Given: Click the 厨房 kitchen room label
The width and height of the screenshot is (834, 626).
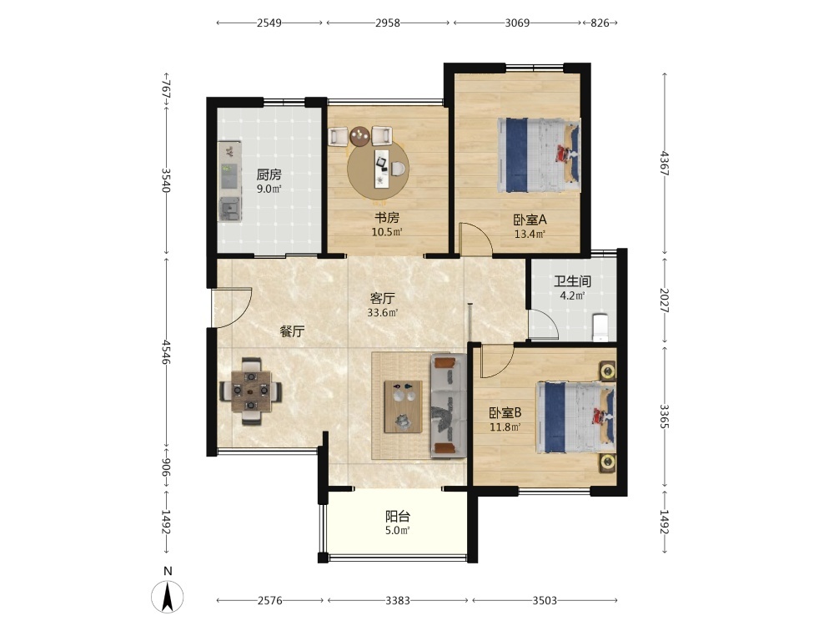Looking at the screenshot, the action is coord(269,174).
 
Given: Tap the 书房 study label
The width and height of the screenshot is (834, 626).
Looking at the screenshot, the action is coord(387,218).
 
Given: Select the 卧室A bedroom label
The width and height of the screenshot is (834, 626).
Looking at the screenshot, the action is coord(530,220).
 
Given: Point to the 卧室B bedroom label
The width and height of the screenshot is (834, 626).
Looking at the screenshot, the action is coord(505,412).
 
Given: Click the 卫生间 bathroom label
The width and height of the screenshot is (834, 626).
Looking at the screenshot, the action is coord(572,281).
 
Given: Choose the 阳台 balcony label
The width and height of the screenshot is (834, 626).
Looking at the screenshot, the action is coord(397,517).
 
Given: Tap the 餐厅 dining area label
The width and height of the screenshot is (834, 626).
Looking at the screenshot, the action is coord(292,331).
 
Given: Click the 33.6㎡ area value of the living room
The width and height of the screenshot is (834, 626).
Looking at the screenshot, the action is coord(383,313).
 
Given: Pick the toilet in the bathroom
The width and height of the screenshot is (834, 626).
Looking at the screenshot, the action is coord(600,327).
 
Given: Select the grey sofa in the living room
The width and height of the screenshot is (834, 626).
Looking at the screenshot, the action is coord(449,406).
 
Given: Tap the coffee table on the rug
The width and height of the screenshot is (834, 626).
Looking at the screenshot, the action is coord(404,406).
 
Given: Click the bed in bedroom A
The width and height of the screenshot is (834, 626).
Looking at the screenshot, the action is coord(538,155).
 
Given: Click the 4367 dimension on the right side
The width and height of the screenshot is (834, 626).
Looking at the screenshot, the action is coord(665,164).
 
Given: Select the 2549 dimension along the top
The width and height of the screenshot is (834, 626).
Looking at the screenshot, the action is coord(269,23).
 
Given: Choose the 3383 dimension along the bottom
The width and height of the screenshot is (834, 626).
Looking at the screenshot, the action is coord(398,601).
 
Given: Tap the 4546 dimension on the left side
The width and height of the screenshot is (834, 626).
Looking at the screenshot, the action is coord(167,352).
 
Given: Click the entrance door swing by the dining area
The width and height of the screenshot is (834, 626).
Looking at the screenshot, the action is coord(232,308).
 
